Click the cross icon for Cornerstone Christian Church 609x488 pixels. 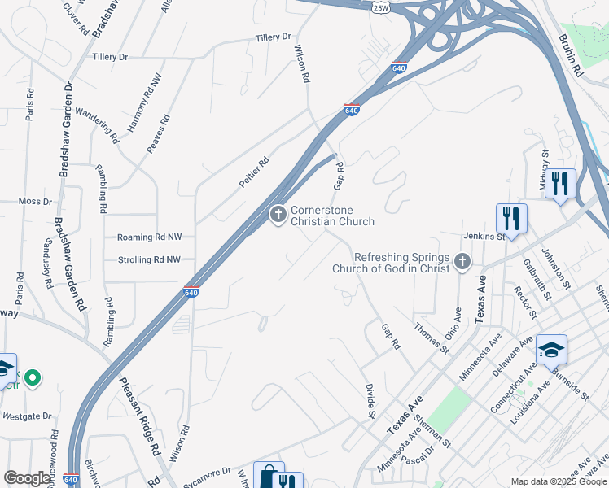[278, 215]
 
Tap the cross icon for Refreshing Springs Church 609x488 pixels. [462, 261]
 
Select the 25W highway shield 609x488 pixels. [380, 7]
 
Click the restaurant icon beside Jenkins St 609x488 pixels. [511, 217]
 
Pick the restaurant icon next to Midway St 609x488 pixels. [559, 183]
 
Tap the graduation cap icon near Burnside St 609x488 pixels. [551, 349]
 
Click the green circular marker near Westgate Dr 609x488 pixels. [32, 377]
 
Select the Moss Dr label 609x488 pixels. [35, 201]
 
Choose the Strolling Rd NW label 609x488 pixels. [149, 260]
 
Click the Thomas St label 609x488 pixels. [432, 338]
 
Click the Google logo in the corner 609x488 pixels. [27, 478]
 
